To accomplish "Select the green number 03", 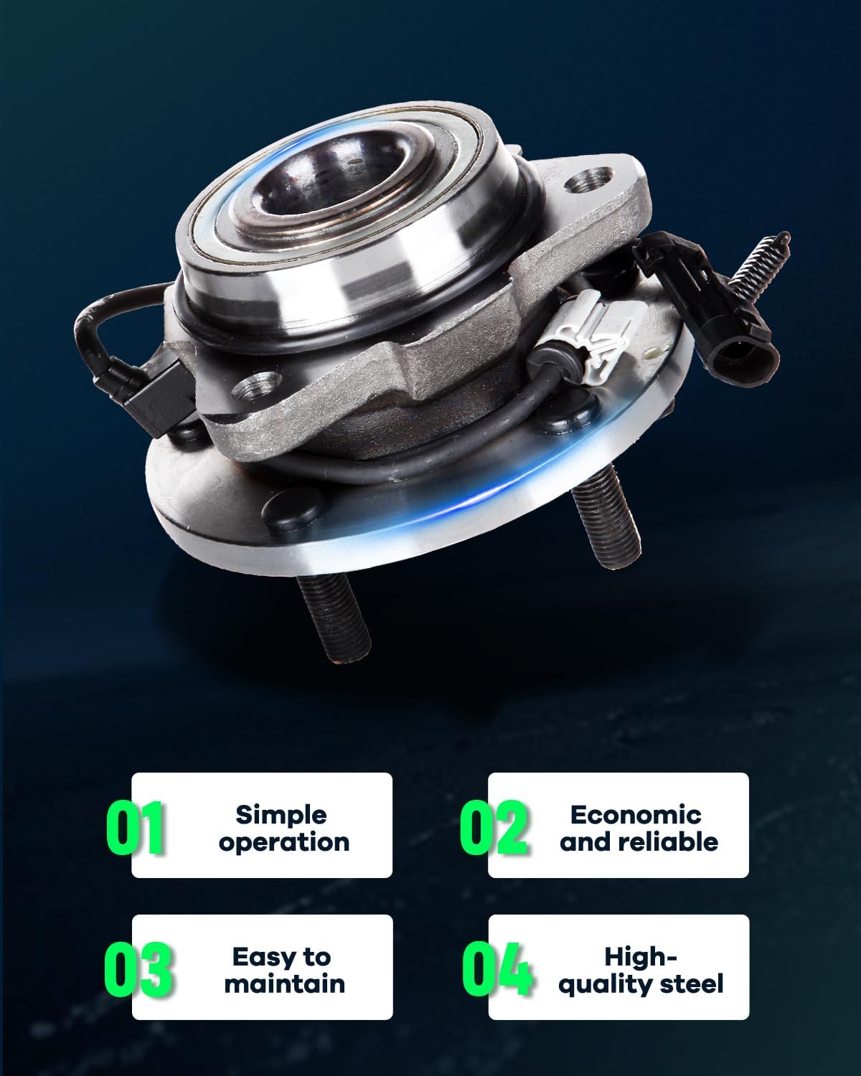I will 138,969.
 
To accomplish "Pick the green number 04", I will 497,969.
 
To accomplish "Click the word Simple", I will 281,815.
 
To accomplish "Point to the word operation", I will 284,842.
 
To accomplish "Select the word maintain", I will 284,983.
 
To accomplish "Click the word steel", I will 689,983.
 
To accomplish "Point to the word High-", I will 640,956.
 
